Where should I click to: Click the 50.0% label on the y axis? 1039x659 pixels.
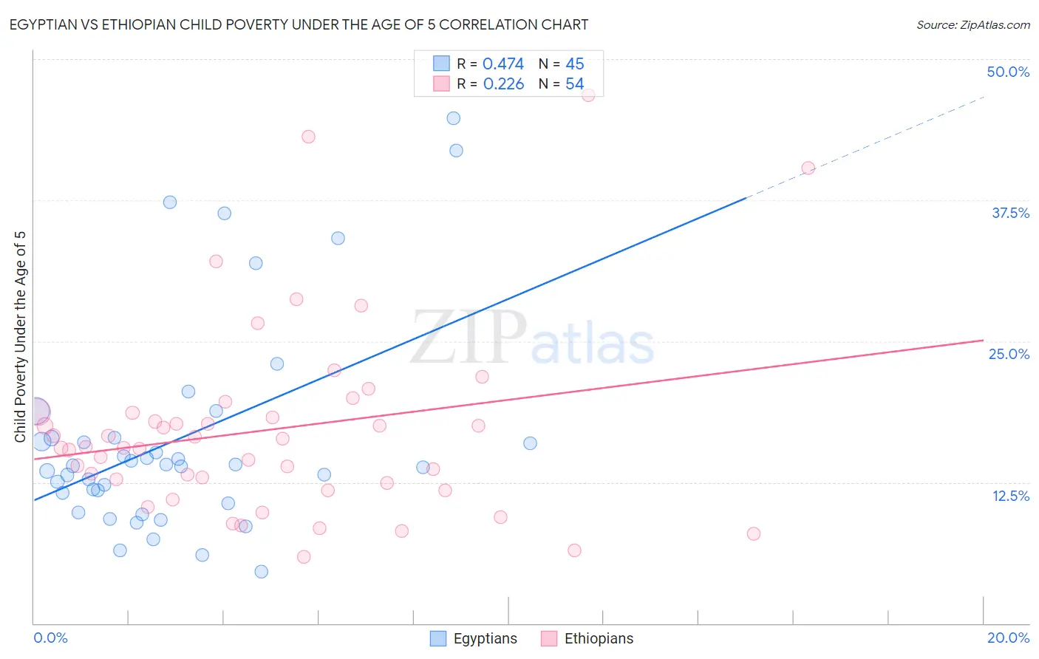1008,72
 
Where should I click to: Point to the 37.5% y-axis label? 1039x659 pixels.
1010,213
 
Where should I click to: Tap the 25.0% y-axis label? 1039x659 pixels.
1009,354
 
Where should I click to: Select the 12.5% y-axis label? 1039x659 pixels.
1010,496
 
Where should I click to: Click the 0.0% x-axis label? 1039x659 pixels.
50,638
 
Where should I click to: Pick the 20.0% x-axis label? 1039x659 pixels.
1008,638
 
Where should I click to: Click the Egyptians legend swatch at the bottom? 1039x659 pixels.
438,638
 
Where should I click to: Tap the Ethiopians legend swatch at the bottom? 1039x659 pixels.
548,638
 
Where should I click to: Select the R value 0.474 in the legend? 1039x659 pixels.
503,64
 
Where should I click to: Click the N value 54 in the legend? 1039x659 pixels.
574,84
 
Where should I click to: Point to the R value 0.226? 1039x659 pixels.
503,84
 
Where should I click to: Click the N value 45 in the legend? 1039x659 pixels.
574,64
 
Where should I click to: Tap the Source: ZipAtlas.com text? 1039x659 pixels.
972,25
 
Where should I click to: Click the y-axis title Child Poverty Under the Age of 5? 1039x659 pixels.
21,337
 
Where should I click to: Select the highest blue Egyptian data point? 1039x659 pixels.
454,118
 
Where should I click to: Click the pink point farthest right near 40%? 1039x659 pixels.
808,168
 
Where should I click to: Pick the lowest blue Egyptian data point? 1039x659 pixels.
261,572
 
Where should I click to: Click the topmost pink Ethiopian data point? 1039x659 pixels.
588,95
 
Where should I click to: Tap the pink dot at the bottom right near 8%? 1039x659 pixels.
754,533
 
